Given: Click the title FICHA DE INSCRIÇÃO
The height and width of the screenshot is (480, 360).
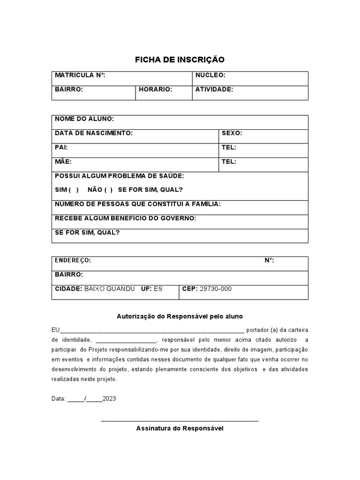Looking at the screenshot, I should point(180,60).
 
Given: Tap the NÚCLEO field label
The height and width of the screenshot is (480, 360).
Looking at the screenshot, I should point(210,75).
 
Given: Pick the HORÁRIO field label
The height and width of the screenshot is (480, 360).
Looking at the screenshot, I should point(156,89).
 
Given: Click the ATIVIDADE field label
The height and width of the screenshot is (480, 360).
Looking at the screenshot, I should point(214,89).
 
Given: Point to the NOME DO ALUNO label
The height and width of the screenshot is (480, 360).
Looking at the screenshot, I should point(84,119).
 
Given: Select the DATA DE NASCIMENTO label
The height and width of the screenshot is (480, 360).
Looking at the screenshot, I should point(94,133).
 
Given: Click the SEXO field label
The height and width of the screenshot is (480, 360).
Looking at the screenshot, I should point(232,133).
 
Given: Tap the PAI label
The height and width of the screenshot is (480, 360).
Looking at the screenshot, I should point(61,147).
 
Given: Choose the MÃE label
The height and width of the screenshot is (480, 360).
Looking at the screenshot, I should point(63,162).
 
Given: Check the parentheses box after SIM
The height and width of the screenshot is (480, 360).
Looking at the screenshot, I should point(74,190).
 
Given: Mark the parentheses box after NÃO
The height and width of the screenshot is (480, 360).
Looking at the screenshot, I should point(108,190).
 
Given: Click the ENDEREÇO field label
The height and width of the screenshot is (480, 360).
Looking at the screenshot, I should point(73,260).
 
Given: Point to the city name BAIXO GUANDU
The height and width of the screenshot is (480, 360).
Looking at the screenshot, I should point(109,289).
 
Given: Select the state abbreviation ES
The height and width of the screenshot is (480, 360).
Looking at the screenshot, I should point(158,289).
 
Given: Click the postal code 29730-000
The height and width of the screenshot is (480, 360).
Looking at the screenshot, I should point(216,289).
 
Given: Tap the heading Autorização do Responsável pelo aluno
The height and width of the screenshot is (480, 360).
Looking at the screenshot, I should point(180,317).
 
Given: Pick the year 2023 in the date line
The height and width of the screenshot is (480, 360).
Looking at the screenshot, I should point(109,399).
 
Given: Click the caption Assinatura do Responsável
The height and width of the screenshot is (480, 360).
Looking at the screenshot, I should point(180,428).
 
